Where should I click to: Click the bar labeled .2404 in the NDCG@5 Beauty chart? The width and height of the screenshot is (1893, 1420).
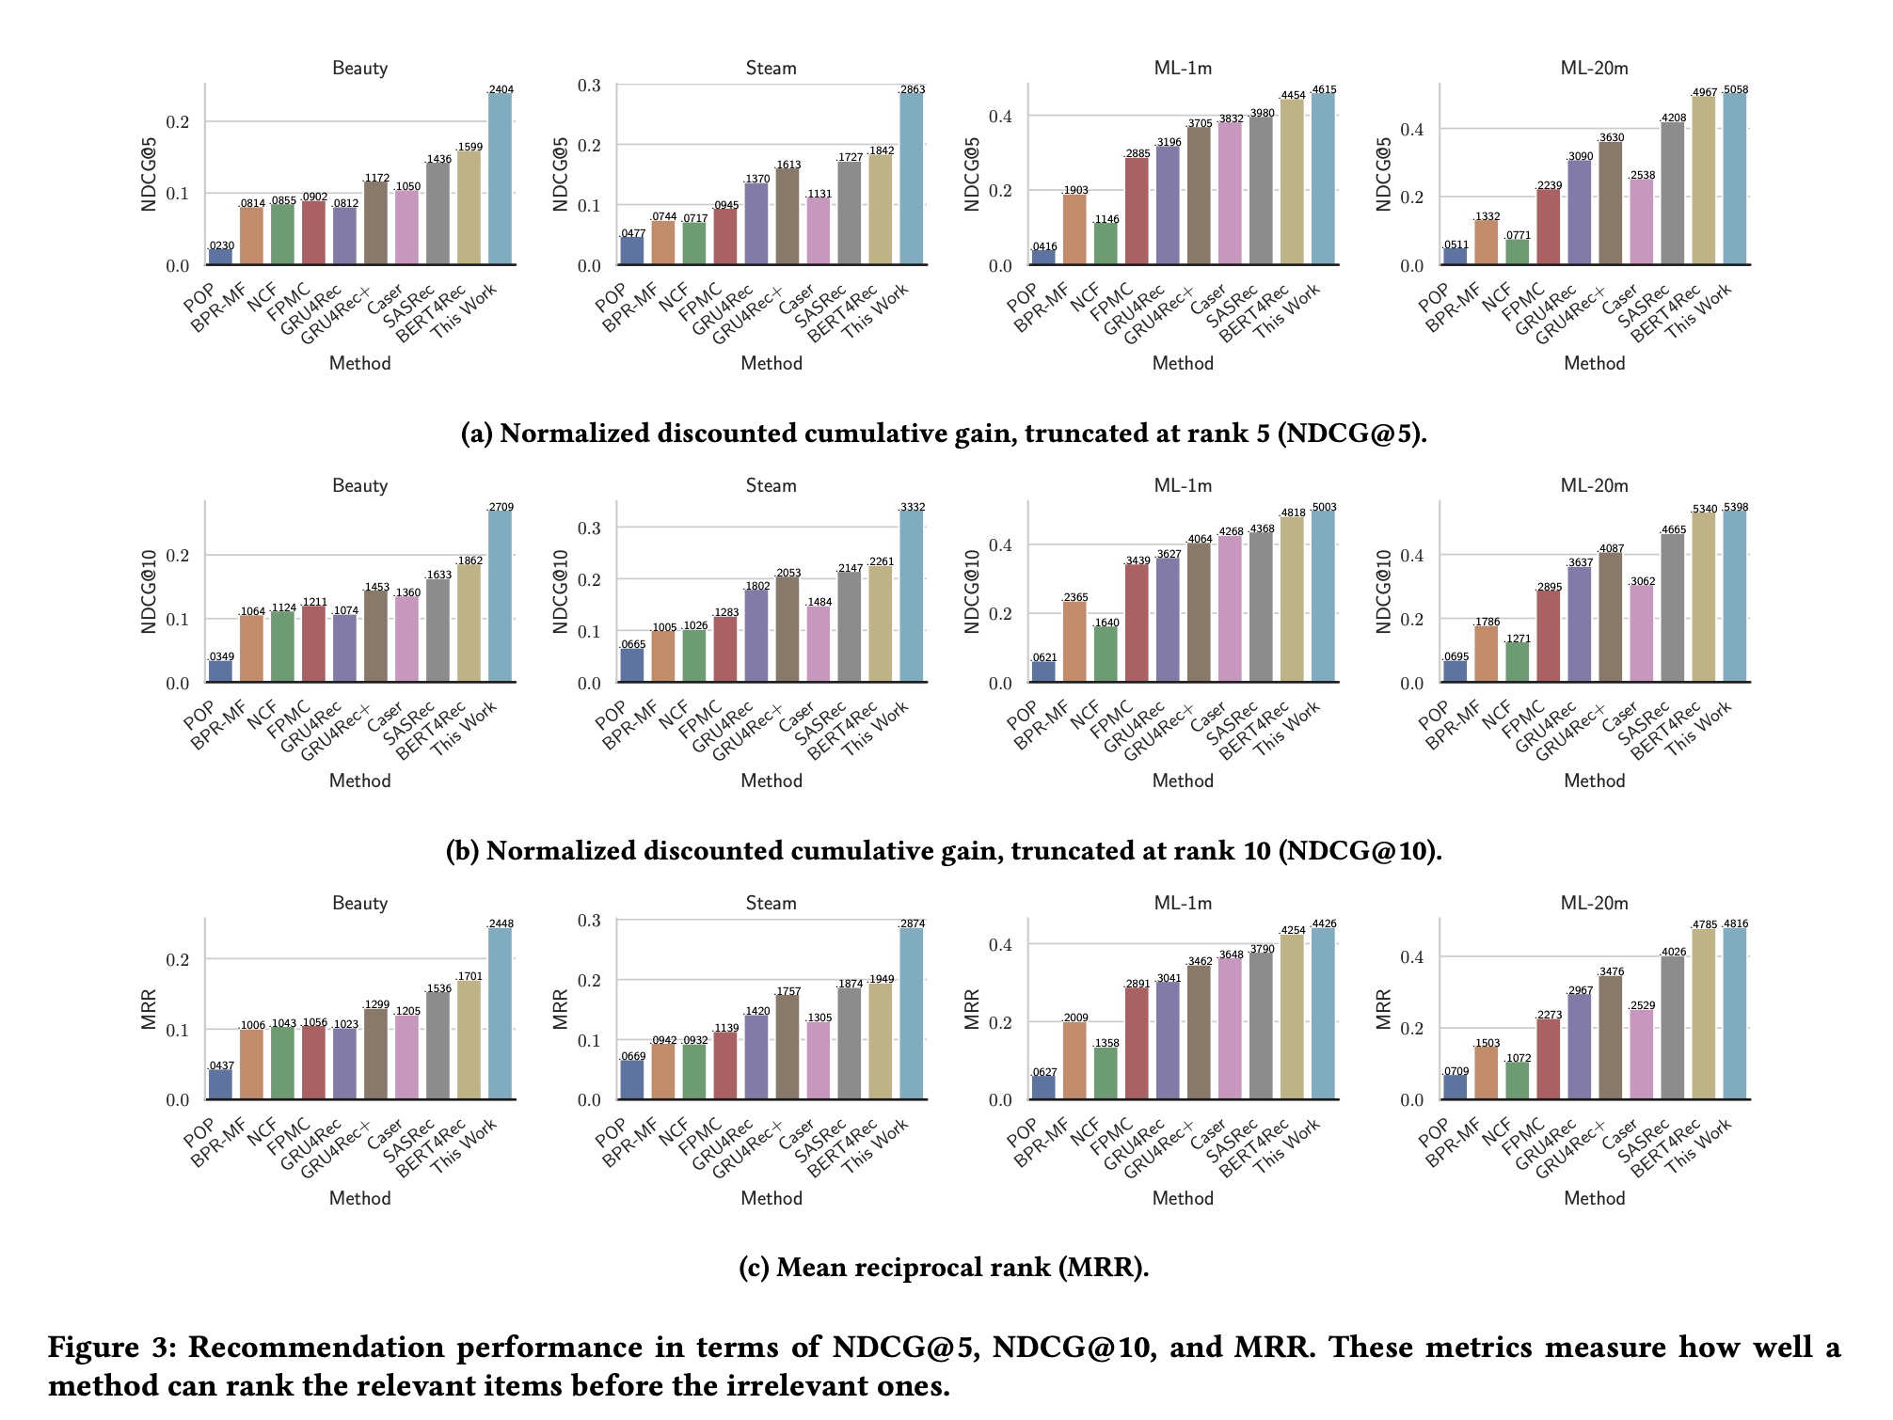coord(500,179)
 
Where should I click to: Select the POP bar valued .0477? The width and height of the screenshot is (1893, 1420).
coord(632,250)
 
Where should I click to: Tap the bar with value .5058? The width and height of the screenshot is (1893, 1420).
coord(1734,179)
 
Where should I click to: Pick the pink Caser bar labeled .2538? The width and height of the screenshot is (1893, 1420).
coord(1642,222)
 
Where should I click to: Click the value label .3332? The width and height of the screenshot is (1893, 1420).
coord(912,507)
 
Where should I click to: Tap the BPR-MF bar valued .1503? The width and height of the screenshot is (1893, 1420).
coord(1487,1073)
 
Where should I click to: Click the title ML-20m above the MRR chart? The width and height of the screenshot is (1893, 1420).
coord(1594,903)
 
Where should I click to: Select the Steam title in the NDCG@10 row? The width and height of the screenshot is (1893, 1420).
coord(771,485)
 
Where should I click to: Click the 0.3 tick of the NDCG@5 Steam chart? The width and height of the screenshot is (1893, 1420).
coord(589,86)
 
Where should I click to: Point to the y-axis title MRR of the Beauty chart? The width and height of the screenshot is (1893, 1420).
coord(149,1008)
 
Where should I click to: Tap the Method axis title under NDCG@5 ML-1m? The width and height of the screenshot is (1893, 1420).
coord(1183,363)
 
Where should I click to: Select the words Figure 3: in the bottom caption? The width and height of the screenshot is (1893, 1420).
coord(112,1347)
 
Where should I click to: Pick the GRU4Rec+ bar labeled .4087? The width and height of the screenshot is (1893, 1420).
coord(1611,617)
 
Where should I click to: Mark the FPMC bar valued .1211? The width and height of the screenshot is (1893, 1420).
coord(314,644)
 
